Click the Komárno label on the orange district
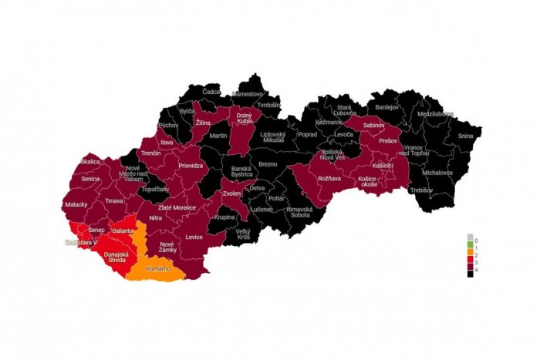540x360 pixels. pyautogui.click(x=157, y=269)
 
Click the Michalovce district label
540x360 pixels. pyautogui.click(x=437, y=173)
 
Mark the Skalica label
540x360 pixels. pyautogui.click(x=90, y=161)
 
